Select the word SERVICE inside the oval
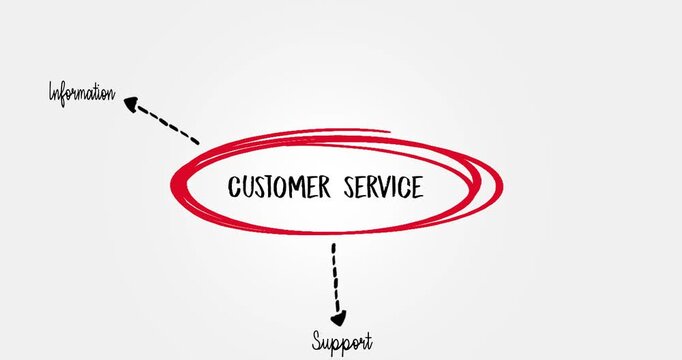click(383, 187)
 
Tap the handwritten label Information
click(82, 94)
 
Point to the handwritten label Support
click(341, 342)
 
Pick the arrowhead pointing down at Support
click(338, 317)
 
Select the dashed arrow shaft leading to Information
click(168, 125)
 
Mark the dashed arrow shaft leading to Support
click(335, 275)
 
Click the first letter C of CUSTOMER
click(235, 188)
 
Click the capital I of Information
click(53, 94)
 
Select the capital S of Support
click(316, 341)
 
